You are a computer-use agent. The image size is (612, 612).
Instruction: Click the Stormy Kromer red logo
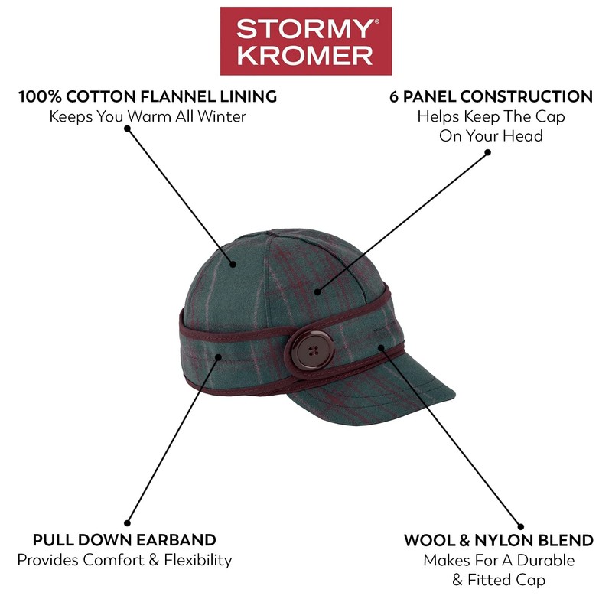[305, 42]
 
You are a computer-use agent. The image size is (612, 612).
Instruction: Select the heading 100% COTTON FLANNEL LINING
[148, 97]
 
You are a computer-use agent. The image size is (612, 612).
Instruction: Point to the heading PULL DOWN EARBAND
[124, 540]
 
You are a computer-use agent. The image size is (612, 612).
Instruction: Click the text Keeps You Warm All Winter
[148, 117]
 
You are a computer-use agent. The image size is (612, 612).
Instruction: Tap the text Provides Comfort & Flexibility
[124, 560]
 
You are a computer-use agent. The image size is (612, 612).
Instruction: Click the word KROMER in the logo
[305, 56]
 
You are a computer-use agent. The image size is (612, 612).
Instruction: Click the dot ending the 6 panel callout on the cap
[318, 291]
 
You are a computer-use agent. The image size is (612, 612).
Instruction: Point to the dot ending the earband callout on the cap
[220, 356]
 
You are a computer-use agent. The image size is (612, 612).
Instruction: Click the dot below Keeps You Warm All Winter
[127, 129]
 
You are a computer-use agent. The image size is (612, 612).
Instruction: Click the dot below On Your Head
[487, 152]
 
